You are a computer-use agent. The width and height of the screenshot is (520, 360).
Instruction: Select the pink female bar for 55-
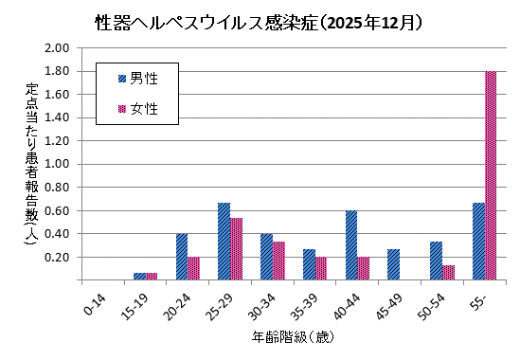coord(491,175)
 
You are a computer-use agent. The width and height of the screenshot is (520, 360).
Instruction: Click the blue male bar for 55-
coord(478,242)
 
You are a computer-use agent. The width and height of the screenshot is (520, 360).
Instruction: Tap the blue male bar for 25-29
coord(224,242)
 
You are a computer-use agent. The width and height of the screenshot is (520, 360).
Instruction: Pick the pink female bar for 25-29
coord(236,249)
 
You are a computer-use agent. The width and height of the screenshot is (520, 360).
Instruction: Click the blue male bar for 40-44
coord(351,245)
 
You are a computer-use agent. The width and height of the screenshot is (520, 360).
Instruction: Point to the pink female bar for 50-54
coord(448,273)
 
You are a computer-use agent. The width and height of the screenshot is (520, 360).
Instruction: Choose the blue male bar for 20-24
coord(181,257)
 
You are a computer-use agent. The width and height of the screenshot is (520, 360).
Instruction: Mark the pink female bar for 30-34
coord(278,261)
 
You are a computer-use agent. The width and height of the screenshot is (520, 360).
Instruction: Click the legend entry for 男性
coord(137,79)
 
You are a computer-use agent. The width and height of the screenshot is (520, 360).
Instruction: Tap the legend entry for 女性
coord(137,109)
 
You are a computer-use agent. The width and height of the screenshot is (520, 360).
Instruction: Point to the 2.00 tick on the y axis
coord(59,47)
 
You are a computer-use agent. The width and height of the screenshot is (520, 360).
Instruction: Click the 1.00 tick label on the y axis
coord(59,164)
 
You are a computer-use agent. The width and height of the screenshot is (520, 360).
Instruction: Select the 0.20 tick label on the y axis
coord(59,257)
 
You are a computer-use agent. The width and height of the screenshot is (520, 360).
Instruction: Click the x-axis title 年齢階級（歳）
coord(291,337)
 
